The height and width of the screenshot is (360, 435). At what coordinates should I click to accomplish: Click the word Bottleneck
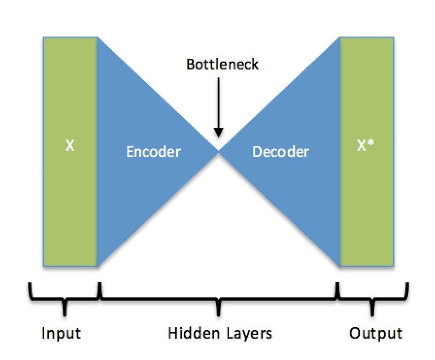coord(222,64)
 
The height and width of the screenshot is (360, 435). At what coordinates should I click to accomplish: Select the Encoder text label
coord(153,152)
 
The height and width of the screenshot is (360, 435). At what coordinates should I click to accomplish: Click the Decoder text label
coord(281,152)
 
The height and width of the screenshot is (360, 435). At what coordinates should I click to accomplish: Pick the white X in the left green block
coord(70,146)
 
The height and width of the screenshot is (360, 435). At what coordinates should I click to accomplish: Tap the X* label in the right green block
coord(365,146)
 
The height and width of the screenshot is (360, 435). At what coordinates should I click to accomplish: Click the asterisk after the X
coord(371,144)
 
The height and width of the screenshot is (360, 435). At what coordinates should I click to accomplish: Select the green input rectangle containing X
coord(70,204)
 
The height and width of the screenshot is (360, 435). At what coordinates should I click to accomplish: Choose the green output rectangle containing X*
coord(367,204)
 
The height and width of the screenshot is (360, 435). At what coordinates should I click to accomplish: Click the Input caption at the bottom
coord(61,333)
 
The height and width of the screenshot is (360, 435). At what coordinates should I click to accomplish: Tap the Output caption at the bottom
coord(376,333)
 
